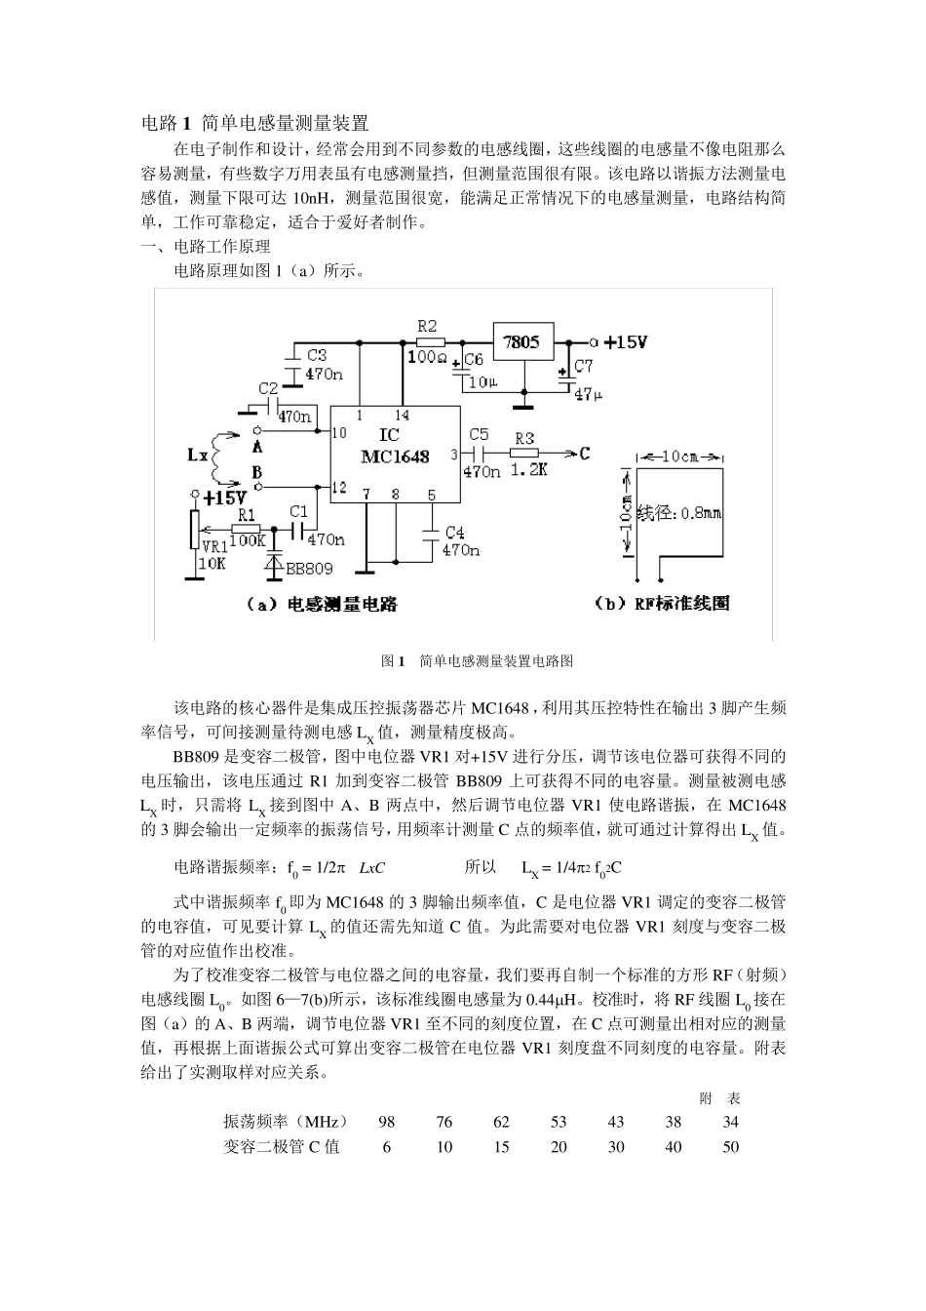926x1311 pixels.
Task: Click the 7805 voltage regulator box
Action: (521, 342)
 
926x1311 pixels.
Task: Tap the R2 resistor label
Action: (426, 326)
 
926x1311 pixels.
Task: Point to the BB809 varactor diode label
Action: (309, 568)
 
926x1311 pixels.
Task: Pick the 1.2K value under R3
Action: (527, 469)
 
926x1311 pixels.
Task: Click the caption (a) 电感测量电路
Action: (323, 604)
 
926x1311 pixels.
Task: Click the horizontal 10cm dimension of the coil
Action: (680, 457)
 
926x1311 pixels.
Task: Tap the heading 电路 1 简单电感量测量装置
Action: (255, 123)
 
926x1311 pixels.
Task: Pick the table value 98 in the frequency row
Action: (386, 1122)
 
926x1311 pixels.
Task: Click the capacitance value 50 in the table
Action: (730, 1147)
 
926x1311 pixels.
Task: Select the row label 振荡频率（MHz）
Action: (285, 1122)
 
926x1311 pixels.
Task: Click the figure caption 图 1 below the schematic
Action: (477, 660)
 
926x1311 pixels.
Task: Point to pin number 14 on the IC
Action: (403, 416)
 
